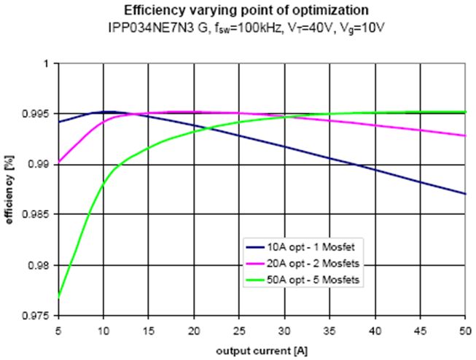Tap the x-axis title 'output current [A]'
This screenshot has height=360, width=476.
click(262, 351)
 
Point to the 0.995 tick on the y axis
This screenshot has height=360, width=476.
click(39, 114)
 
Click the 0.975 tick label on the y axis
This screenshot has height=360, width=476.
click(39, 316)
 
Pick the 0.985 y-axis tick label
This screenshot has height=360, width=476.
click(39, 215)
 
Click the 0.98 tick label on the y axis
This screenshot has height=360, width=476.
click(42, 265)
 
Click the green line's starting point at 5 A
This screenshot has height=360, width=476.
click(58, 297)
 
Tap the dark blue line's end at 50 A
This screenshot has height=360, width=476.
click(465, 194)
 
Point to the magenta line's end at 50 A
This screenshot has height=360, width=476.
click(465, 136)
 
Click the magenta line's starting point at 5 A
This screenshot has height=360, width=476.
click(58, 163)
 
